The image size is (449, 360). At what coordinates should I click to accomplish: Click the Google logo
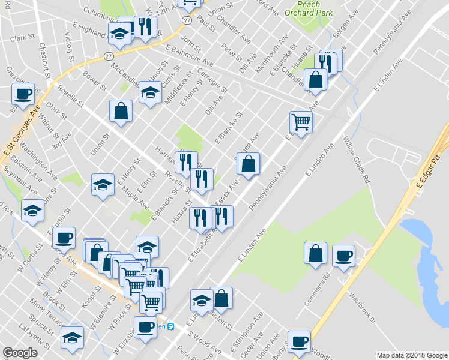click(20, 353)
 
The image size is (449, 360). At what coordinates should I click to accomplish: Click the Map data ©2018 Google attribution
click(412, 355)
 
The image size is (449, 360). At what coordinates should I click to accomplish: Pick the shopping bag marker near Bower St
click(121, 111)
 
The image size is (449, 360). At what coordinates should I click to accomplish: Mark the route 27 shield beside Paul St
click(188, 20)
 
